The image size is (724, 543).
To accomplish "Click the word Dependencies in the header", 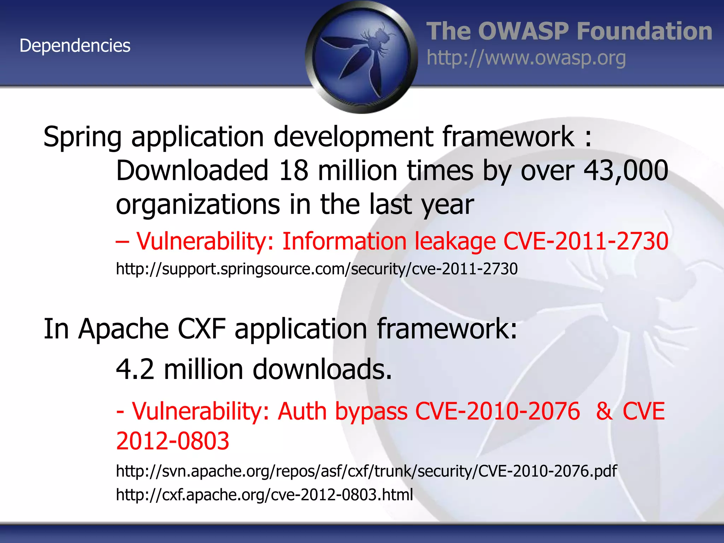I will tap(75, 46).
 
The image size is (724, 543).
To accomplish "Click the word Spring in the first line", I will tap(82, 137).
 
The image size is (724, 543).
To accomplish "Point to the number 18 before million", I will tap(293, 171).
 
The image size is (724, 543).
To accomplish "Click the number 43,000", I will tap(626, 171).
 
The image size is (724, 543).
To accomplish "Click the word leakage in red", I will tap(455, 241).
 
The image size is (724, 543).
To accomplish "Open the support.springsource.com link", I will tap(317, 269).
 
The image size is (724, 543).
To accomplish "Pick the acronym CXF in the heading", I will tap(202, 329).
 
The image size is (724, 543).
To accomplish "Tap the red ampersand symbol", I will tap(604, 411).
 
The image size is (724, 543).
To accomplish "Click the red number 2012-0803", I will tap(173, 441).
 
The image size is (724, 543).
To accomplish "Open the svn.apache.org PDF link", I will tap(366, 471).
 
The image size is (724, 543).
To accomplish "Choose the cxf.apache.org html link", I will tap(264, 495).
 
